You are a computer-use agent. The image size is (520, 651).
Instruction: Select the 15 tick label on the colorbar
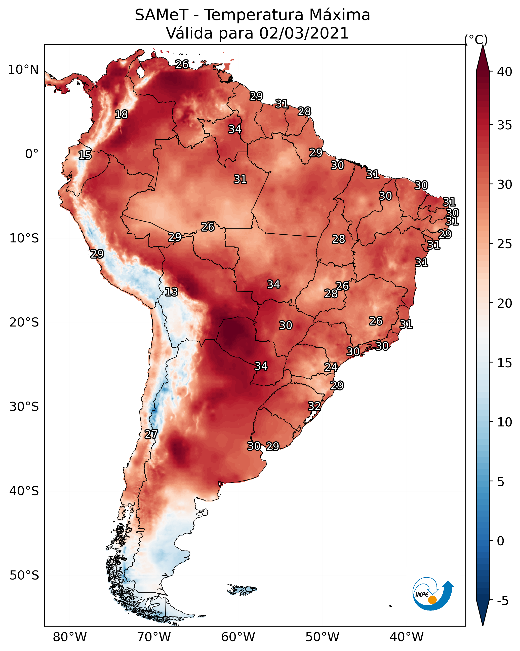click(x=505, y=363)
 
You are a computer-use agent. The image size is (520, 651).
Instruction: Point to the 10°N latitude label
click(x=23, y=70)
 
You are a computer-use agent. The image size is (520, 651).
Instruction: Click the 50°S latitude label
click(x=24, y=575)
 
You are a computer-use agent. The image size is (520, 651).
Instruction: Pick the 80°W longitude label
click(x=70, y=637)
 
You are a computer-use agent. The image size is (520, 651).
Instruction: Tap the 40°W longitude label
click(x=407, y=637)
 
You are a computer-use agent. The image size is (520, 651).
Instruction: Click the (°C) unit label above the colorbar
click(x=476, y=40)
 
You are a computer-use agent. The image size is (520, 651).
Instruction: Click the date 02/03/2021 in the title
click(x=304, y=33)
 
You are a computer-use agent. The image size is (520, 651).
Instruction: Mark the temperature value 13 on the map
click(x=171, y=292)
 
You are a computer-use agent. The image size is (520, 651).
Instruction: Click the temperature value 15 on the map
click(x=85, y=155)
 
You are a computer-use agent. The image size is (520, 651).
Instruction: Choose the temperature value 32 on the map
click(x=314, y=406)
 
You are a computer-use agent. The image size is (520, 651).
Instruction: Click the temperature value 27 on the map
click(x=151, y=434)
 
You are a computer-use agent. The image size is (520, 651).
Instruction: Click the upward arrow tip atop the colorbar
click(x=483, y=46)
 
